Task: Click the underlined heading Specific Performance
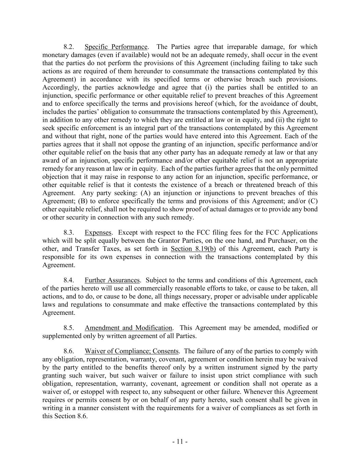point(116,47)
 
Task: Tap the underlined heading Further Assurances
point(112,280)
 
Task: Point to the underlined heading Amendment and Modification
point(128,328)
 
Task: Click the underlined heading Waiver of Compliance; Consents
point(132,351)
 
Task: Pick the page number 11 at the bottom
point(180,442)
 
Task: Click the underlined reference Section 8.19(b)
point(193,249)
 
